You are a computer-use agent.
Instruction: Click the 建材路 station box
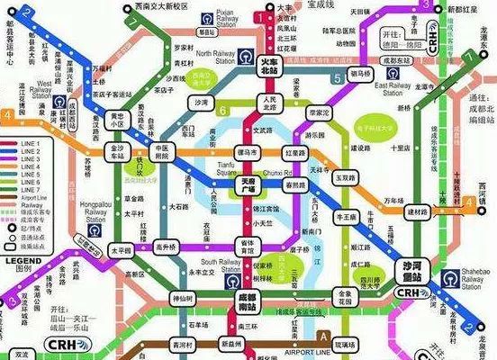(x=416, y=210)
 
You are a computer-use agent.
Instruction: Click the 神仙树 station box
(x=182, y=297)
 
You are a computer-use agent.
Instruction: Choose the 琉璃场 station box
(x=346, y=345)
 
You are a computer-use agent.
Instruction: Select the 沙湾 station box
(x=200, y=103)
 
